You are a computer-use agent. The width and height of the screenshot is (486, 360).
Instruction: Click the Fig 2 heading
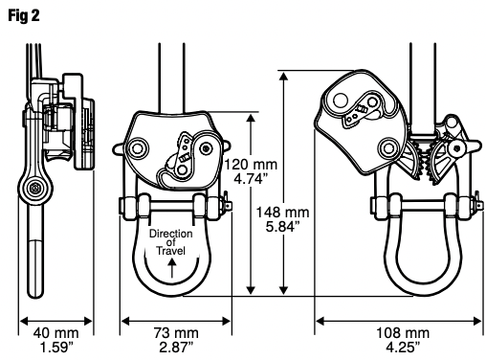coord(24,15)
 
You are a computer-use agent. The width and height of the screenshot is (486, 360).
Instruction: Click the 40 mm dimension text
coord(55,333)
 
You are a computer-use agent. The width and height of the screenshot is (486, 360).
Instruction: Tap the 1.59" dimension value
coord(56,348)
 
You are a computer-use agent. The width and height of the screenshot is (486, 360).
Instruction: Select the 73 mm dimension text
coord(176,333)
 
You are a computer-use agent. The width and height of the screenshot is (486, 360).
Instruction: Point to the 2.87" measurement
coord(176,348)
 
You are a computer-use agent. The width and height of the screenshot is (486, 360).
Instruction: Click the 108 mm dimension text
coord(403,333)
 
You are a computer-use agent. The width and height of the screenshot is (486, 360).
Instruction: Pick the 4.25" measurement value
coord(403,348)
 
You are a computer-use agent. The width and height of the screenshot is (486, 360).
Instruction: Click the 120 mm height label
coord(251,165)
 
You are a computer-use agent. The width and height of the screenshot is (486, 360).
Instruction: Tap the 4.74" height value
coord(251,179)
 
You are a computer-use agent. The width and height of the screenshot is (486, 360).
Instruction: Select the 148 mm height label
coord(283,213)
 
